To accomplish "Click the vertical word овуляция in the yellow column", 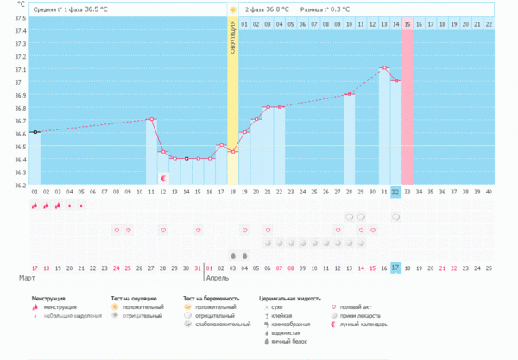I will tap(233, 40).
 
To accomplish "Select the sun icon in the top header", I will tap(232, 9).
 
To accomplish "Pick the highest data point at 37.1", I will tap(383, 67).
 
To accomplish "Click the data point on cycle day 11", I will tap(151, 119).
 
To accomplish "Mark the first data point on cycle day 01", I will tap(35, 132).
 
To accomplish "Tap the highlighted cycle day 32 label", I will tap(395, 191).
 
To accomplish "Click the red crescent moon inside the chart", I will tap(163, 178).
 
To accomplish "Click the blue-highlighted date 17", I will tap(395, 268).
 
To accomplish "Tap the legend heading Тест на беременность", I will tap(211, 298).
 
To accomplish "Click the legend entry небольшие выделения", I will tap(69, 315).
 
